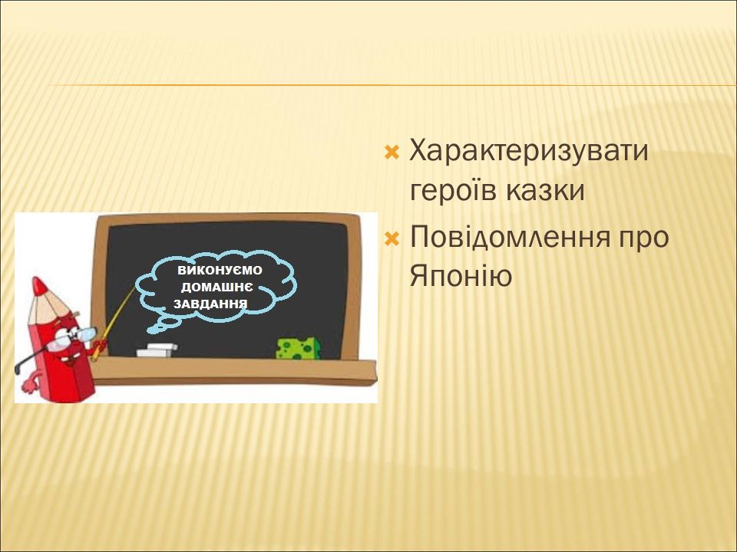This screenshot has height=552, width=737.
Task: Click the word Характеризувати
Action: (x=529, y=152)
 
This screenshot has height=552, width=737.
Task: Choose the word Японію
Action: (x=461, y=277)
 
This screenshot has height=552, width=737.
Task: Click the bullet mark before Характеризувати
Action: (x=392, y=152)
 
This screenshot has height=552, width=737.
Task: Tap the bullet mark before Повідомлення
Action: (x=392, y=239)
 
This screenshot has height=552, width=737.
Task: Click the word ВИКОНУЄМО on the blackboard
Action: (x=220, y=271)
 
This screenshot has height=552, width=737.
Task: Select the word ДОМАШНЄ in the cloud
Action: (x=216, y=287)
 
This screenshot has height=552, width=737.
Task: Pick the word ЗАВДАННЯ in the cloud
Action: (x=210, y=304)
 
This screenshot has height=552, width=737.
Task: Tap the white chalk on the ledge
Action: (x=157, y=350)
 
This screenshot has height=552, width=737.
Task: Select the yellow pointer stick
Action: (x=114, y=323)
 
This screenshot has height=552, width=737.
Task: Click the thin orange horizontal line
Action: (x=392, y=85)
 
